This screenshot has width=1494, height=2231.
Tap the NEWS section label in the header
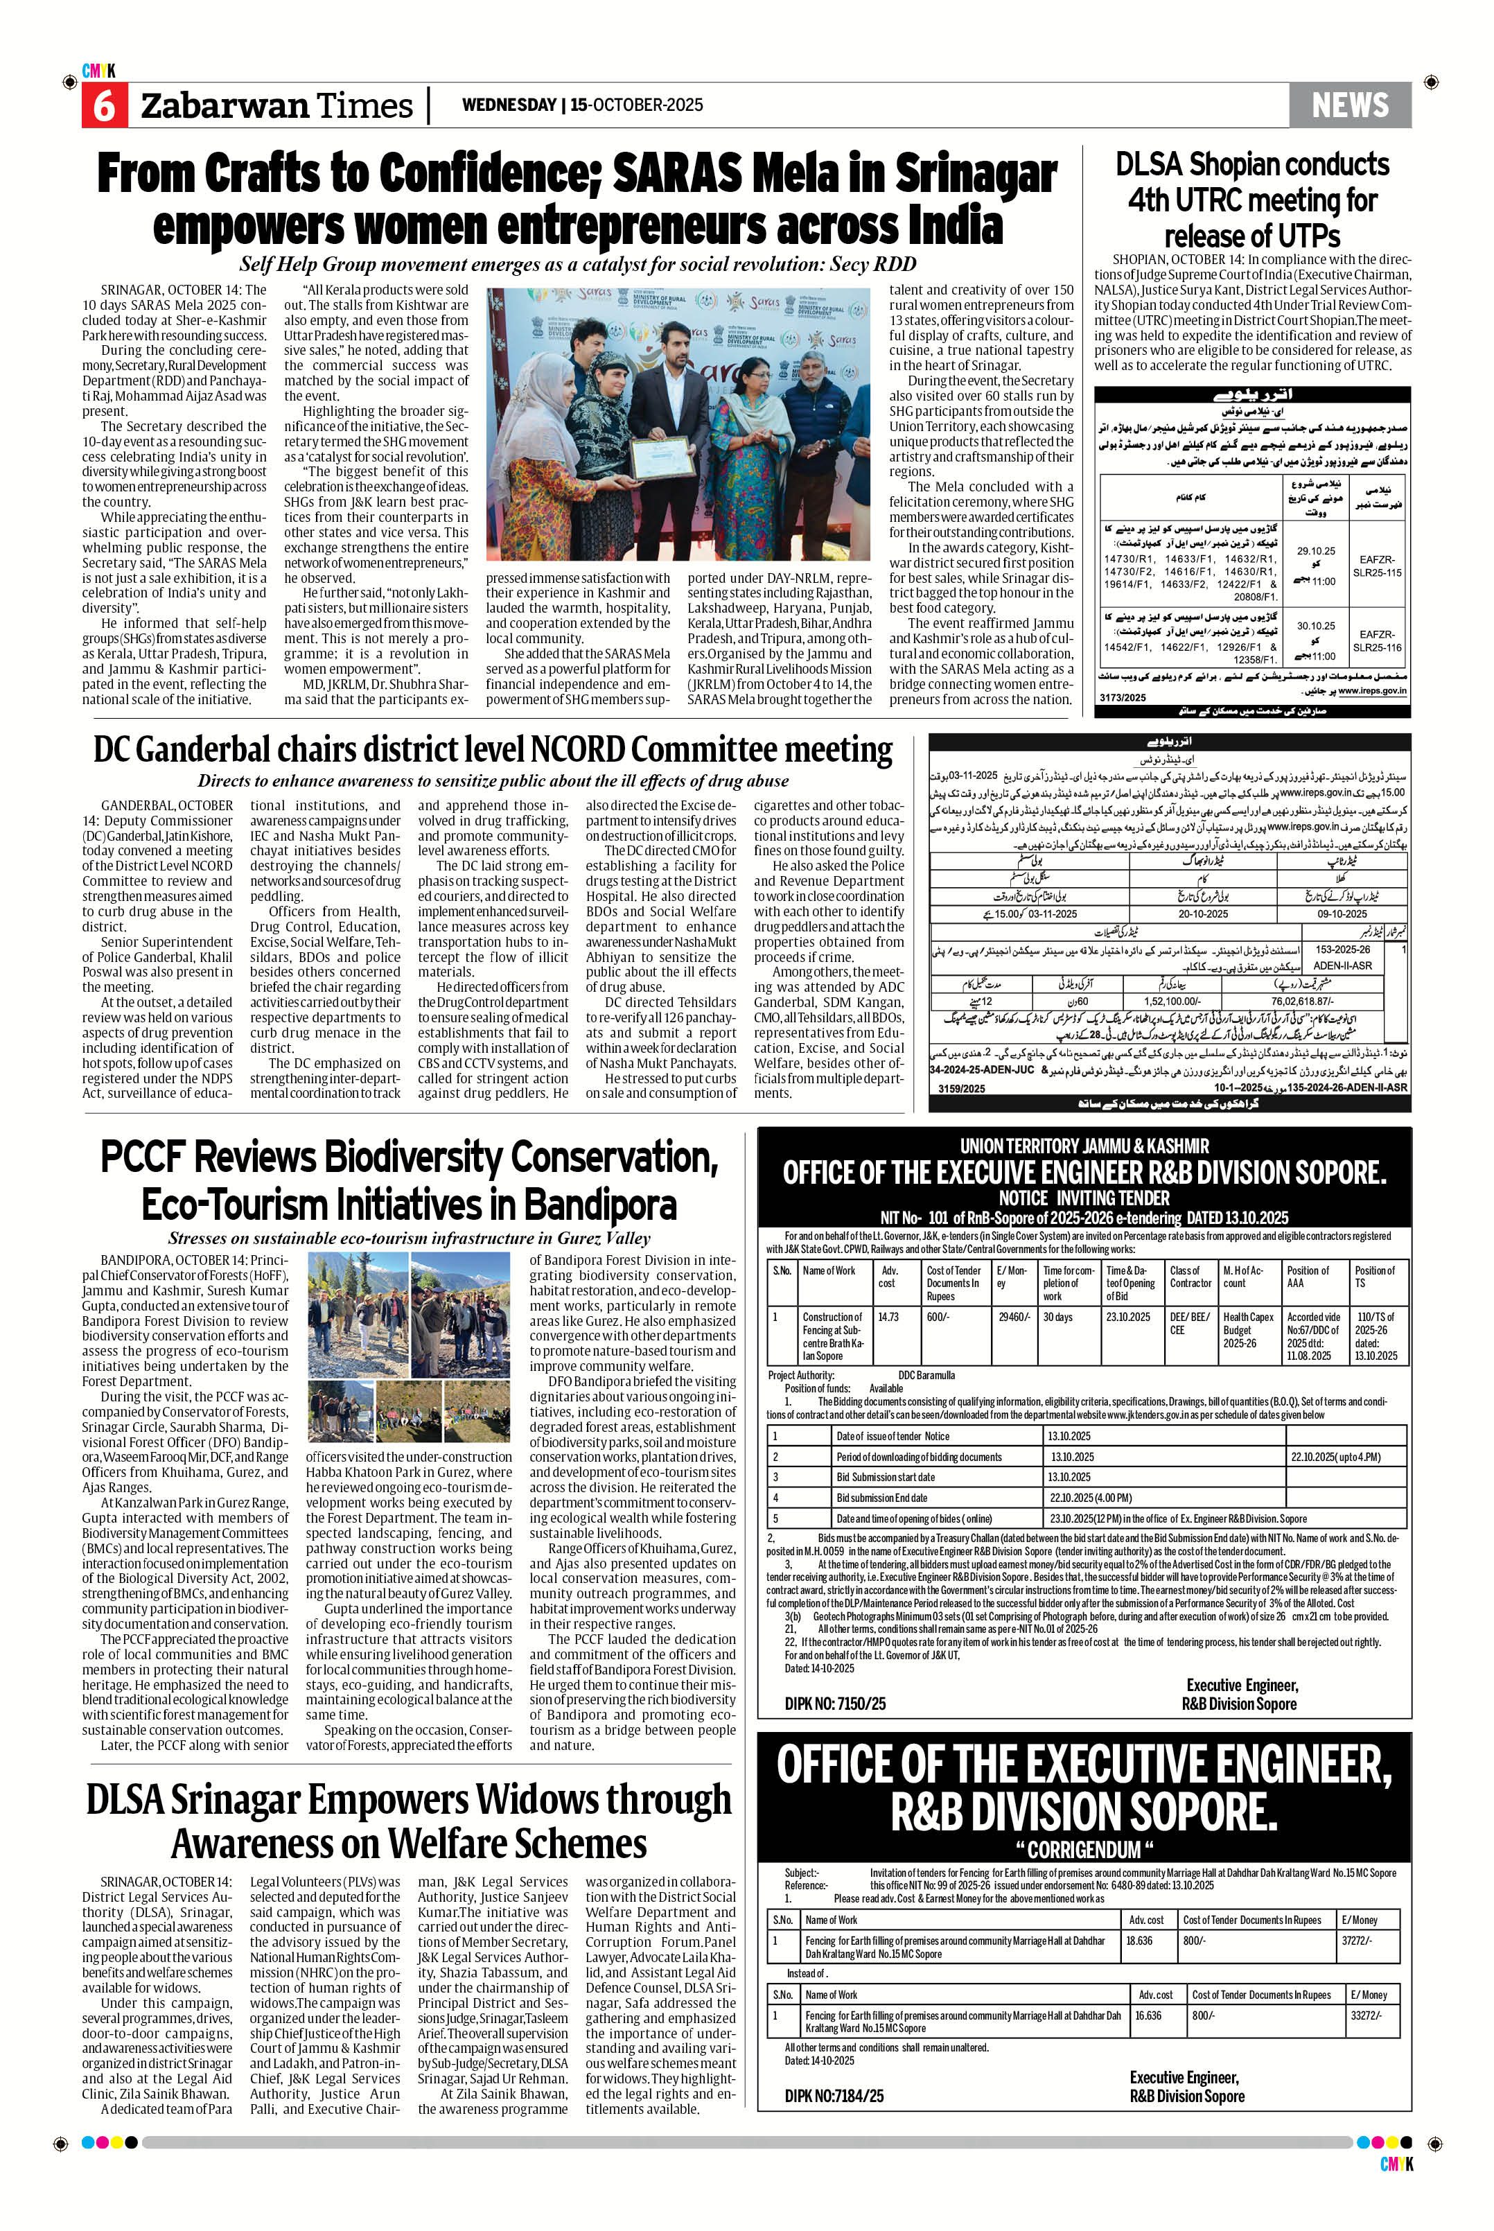pyautogui.click(x=1349, y=105)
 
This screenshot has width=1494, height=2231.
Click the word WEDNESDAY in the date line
pyautogui.click(x=508, y=105)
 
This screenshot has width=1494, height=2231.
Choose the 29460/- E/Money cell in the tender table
pyautogui.click(x=1013, y=1317)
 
